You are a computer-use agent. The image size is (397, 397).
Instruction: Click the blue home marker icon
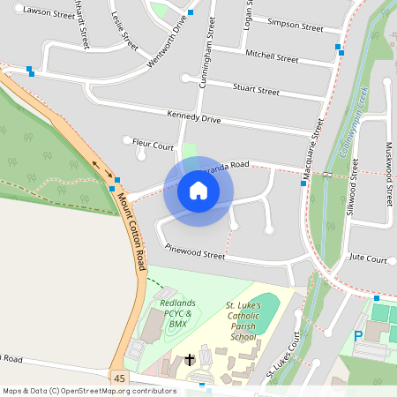pyautogui.click(x=198, y=191)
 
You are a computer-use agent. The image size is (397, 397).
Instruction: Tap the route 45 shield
pyautogui.click(x=119, y=378)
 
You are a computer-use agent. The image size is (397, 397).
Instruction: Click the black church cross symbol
pyautogui.click(x=190, y=360)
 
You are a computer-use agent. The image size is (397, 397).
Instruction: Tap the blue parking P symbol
pyautogui.click(x=357, y=336)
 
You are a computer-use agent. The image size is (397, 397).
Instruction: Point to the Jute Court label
pyautogui.click(x=368, y=259)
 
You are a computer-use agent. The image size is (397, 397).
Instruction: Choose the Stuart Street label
pyautogui.click(x=255, y=90)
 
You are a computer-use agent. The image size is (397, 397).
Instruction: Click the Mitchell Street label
pyautogui.click(x=272, y=56)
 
